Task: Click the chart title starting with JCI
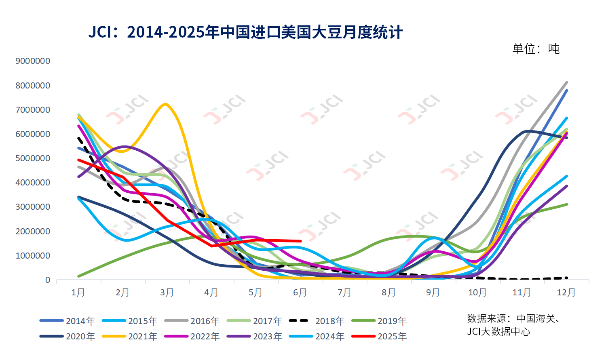(x=245, y=32)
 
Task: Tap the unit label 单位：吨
(x=536, y=49)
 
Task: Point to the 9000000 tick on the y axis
(x=33, y=61)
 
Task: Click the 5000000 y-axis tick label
(x=33, y=158)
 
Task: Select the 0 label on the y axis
(x=48, y=280)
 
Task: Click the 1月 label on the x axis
(x=78, y=293)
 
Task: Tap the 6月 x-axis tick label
(x=300, y=293)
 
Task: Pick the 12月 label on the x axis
(x=566, y=293)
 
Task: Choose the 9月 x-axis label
(x=433, y=293)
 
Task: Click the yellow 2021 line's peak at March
(x=165, y=104)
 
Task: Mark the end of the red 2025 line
(x=300, y=241)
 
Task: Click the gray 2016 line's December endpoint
(x=566, y=82)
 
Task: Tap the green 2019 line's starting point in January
(x=78, y=276)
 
